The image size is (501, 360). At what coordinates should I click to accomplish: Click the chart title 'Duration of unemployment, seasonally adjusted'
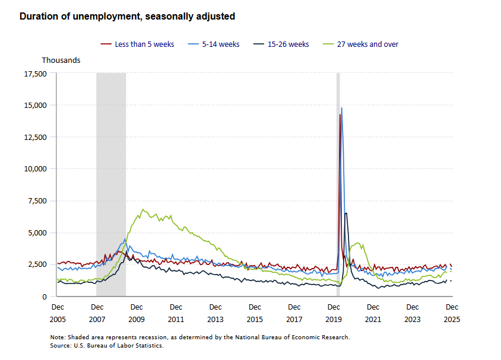click(127, 17)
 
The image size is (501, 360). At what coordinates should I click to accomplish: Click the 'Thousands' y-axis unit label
click(61, 60)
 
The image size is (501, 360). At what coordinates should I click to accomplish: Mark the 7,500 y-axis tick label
click(37, 201)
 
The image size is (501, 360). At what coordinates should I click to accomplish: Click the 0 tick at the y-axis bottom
click(44, 297)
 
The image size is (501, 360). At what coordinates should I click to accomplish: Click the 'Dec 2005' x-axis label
click(58, 313)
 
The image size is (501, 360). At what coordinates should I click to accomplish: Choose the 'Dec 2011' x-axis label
click(176, 313)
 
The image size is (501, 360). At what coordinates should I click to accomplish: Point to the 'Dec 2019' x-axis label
click(334, 313)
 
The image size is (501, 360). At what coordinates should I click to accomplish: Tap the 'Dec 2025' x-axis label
click(452, 313)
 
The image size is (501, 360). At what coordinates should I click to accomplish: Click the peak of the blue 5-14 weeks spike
click(341, 108)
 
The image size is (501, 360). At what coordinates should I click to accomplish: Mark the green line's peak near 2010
click(142, 209)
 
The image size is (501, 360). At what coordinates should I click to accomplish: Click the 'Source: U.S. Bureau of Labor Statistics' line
click(107, 346)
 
